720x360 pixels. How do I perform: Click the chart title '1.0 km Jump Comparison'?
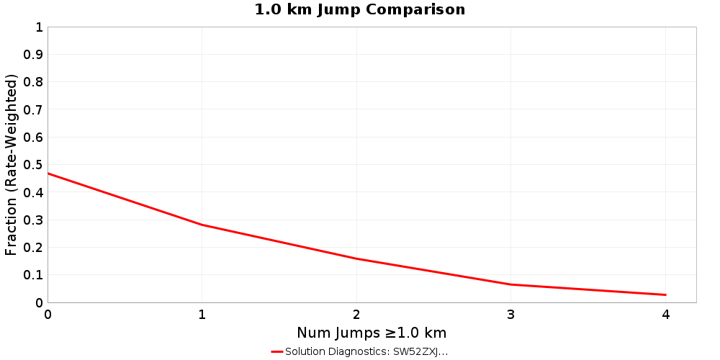(360, 10)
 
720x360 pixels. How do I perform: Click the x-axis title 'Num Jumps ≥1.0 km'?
(372, 333)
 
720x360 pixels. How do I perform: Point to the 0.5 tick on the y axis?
(33, 165)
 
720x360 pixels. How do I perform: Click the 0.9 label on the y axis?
(33, 55)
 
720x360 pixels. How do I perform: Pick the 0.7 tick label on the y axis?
(33, 110)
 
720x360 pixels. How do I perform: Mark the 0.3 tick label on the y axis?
(33, 220)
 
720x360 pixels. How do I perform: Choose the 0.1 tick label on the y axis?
(33, 275)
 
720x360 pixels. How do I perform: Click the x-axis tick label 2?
(356, 315)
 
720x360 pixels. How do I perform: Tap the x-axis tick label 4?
(665, 315)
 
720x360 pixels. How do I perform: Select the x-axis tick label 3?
(511, 315)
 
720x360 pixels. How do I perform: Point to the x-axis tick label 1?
(202, 315)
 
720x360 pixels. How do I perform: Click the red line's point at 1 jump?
(202, 225)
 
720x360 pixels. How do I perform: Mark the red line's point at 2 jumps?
(356, 258)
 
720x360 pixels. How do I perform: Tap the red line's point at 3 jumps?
(511, 284)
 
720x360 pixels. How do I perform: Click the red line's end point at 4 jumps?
(665, 294)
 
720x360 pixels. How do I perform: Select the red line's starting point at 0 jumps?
(48, 174)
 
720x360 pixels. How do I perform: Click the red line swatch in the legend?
(277, 352)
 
